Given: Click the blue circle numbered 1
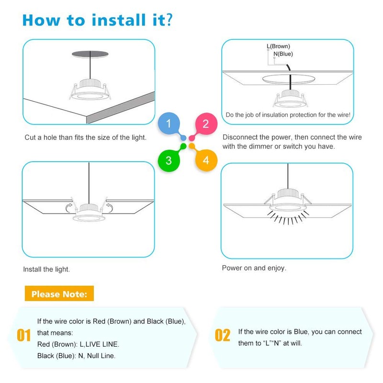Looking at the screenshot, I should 169,124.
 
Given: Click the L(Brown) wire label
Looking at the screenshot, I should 278,46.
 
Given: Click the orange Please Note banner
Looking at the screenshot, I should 59,294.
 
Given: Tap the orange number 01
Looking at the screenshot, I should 24,335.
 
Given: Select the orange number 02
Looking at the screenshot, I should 222,335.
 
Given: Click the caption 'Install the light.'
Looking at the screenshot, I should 46,270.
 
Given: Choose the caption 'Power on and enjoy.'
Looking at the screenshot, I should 254,268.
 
